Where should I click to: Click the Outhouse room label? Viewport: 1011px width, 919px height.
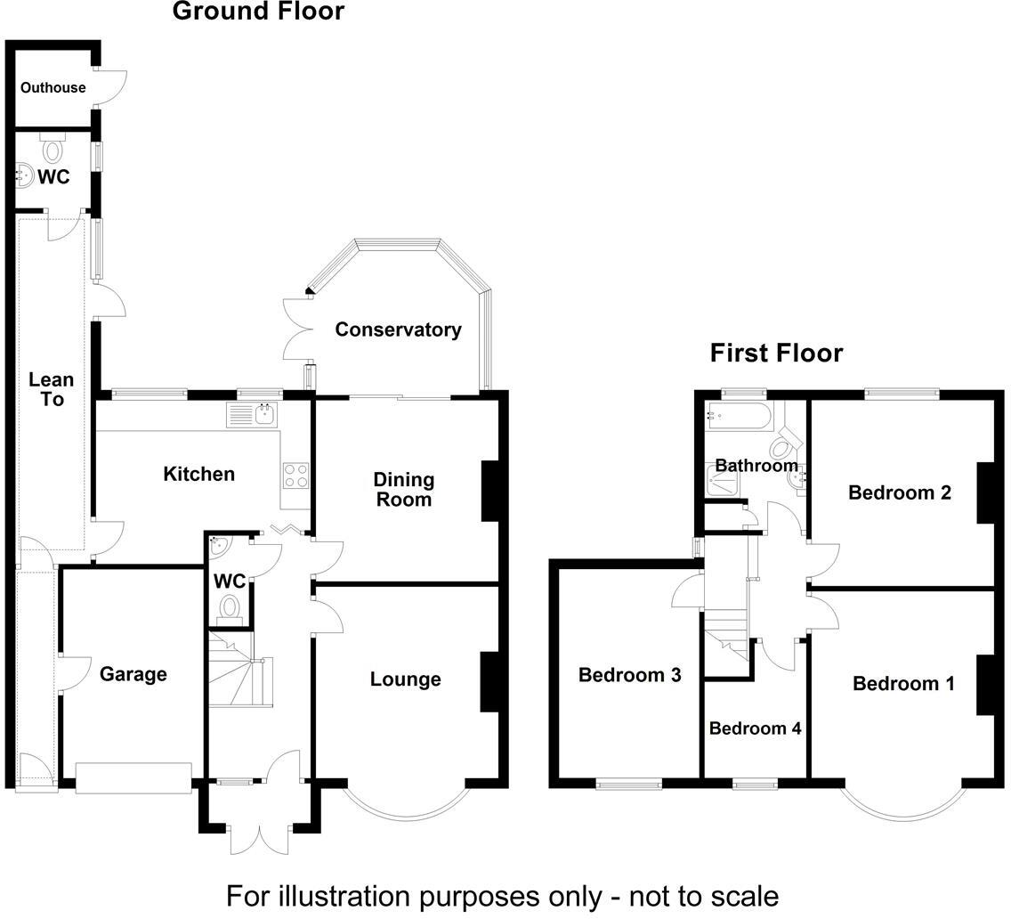click(53, 87)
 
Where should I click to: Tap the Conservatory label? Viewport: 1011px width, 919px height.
click(398, 329)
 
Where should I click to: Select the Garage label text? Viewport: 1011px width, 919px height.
click(133, 674)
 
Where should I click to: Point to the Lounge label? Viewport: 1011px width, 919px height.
click(405, 679)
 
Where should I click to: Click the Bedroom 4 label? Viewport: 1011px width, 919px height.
click(755, 728)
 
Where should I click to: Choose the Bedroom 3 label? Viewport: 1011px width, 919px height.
click(629, 675)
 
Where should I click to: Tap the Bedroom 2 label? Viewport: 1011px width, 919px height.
click(900, 492)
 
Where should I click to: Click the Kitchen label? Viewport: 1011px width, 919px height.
click(198, 474)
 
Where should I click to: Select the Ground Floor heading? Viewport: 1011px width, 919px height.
click(257, 12)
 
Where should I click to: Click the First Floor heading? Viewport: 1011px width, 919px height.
click(776, 354)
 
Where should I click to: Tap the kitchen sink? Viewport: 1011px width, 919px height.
click(253, 414)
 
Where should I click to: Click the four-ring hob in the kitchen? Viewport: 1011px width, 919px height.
click(295, 476)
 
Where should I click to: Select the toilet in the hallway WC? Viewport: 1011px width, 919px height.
click(231, 608)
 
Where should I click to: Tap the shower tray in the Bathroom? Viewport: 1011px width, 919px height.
click(724, 482)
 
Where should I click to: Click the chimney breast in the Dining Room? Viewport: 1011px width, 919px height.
click(490, 491)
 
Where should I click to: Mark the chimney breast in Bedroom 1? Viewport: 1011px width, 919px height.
click(985, 685)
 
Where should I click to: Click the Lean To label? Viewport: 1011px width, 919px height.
click(52, 389)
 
